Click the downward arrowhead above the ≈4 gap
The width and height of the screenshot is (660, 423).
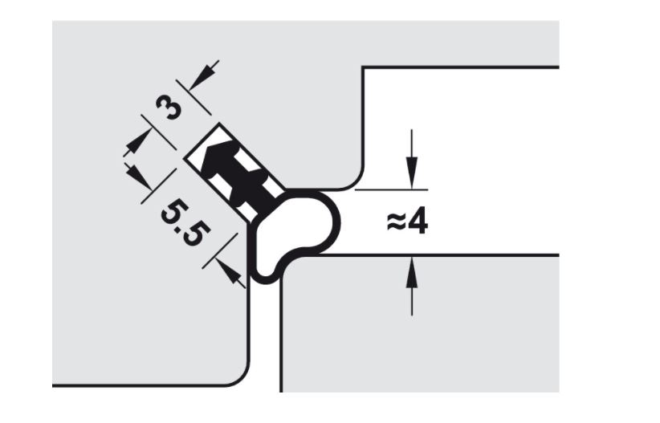(411, 176)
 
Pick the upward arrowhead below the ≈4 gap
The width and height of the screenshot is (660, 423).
(411, 269)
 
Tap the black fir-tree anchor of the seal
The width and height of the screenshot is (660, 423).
(233, 173)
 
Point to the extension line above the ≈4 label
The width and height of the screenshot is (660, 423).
(390, 190)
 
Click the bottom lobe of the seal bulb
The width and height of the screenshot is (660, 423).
(269, 269)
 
